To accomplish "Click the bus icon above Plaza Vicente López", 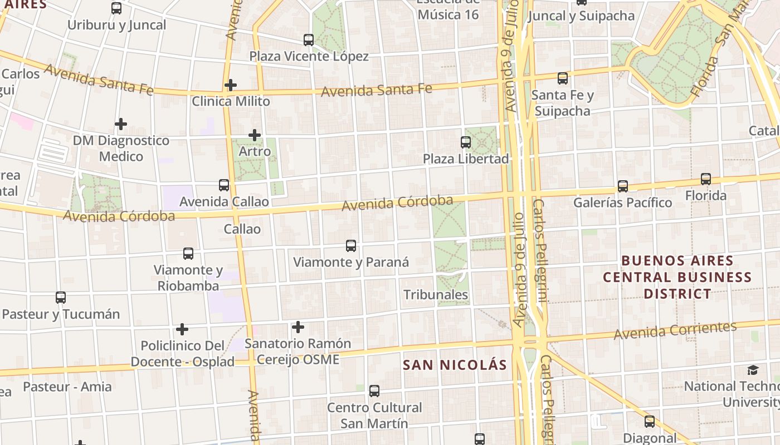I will [309, 40].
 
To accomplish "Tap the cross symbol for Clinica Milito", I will [231, 85].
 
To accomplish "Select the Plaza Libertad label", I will [466, 159].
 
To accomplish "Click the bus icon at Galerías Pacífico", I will [623, 186].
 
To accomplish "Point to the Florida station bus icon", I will [706, 179].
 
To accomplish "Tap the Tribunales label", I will [436, 294].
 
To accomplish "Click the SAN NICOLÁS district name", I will [455, 365].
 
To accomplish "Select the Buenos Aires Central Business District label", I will [677, 277].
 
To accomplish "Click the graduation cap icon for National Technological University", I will [753, 370].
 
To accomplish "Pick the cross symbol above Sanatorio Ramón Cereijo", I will [298, 327].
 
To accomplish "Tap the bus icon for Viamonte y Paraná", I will [351, 246].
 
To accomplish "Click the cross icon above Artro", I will [255, 135].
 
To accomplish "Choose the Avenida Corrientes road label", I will [675, 330].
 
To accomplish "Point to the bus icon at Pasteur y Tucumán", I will [61, 298].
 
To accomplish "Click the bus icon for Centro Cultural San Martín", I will [374, 391].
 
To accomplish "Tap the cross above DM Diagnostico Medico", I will [121, 124].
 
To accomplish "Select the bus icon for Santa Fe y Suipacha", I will [563, 78].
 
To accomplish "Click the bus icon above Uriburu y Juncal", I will [116, 8].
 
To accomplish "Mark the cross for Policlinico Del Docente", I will [182, 329].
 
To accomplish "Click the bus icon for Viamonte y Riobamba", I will [188, 254].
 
